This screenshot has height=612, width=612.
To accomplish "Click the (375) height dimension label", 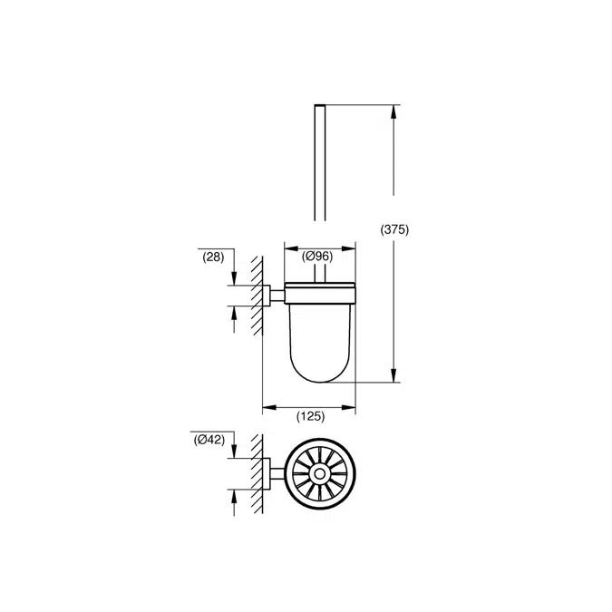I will tap(395, 230).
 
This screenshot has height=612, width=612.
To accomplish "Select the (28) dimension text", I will tap(213, 257).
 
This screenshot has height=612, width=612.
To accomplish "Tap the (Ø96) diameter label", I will tap(317, 257).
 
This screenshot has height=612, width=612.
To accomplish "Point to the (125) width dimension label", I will tap(310, 417).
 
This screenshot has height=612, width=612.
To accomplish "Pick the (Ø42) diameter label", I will tap(209, 441).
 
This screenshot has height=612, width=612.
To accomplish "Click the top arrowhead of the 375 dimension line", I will tap(394, 112).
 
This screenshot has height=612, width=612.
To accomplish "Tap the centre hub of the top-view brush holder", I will tap(318, 473).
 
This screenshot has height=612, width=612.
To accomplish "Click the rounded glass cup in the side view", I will tap(319, 340).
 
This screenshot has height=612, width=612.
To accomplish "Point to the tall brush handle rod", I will tap(319, 163).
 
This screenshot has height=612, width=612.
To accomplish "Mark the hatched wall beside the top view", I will tap(257, 473).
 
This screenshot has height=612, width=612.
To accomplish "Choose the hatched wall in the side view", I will tap(257, 295).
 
